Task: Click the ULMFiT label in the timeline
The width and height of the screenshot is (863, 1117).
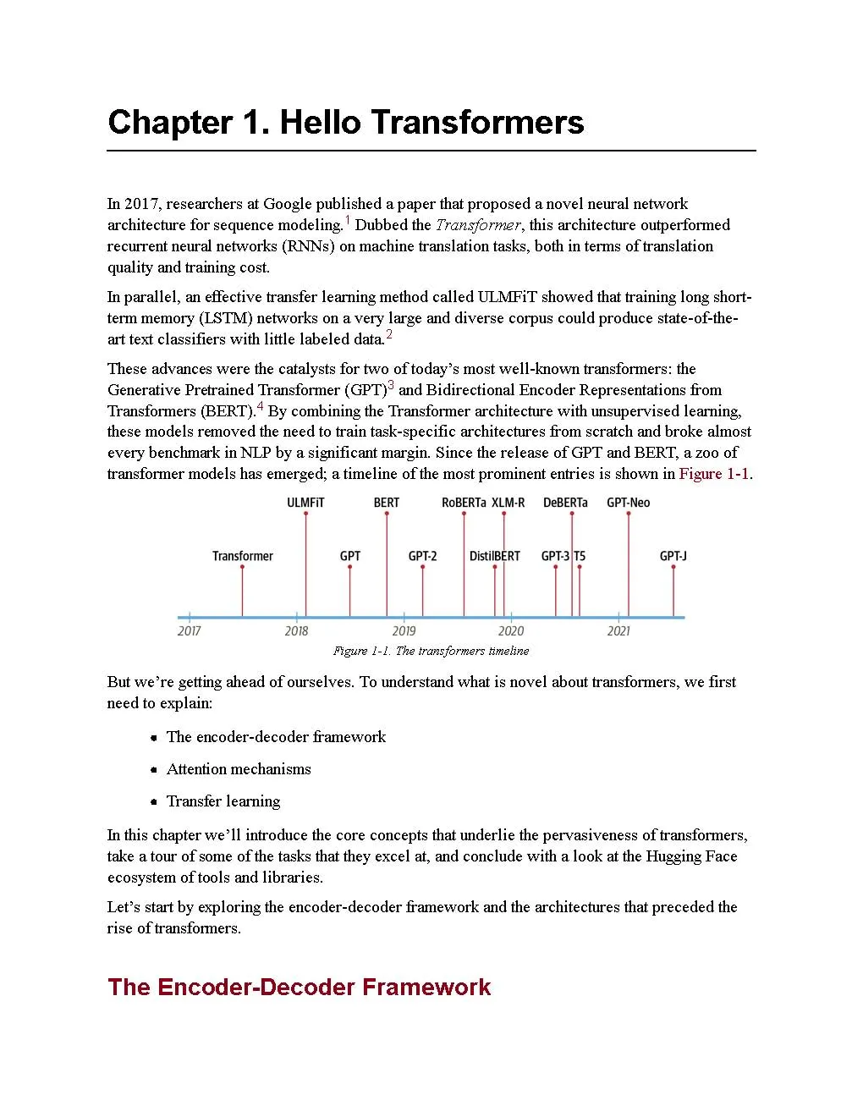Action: pyautogui.click(x=305, y=503)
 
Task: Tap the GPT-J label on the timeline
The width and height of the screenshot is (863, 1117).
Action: pyautogui.click(x=673, y=556)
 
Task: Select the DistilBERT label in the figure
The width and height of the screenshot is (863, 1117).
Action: pyautogui.click(x=495, y=556)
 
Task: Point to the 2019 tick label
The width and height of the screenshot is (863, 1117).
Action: pyautogui.click(x=404, y=631)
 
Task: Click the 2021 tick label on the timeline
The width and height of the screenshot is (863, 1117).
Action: pyautogui.click(x=618, y=631)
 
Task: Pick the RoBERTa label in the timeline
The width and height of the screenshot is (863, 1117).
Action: pyautogui.click(x=464, y=503)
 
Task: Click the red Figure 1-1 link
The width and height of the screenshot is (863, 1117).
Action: pyautogui.click(x=714, y=474)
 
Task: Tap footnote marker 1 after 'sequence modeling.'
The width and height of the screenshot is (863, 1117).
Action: pyautogui.click(x=346, y=221)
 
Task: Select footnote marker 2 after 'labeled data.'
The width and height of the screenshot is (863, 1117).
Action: pyautogui.click(x=388, y=335)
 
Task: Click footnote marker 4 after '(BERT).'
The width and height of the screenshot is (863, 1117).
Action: pyautogui.click(x=261, y=407)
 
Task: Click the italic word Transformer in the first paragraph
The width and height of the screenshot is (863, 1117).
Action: pyautogui.click(x=477, y=225)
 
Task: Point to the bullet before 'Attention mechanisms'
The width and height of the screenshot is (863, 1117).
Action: pyautogui.click(x=154, y=770)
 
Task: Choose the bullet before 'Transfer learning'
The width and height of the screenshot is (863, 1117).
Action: pyautogui.click(x=154, y=802)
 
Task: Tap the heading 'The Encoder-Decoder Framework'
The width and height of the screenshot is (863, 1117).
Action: pyautogui.click(x=299, y=988)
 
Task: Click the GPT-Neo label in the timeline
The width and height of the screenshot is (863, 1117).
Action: pyautogui.click(x=628, y=503)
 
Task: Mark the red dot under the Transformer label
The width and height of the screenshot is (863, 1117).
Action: pyautogui.click(x=242, y=567)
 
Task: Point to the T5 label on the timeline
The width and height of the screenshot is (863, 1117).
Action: pyautogui.click(x=580, y=556)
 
